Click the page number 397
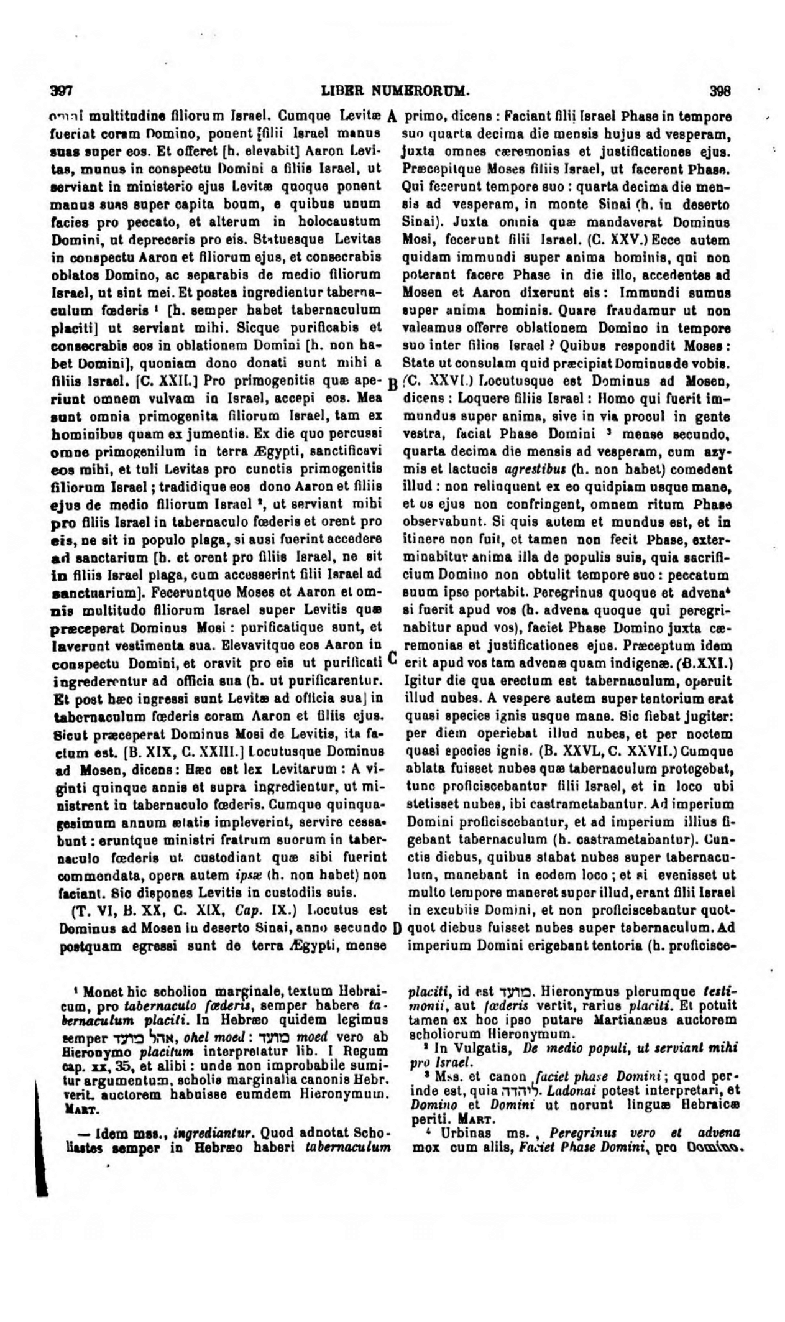[x=62, y=91]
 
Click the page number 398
[x=720, y=91]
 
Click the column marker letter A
[x=392, y=116]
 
